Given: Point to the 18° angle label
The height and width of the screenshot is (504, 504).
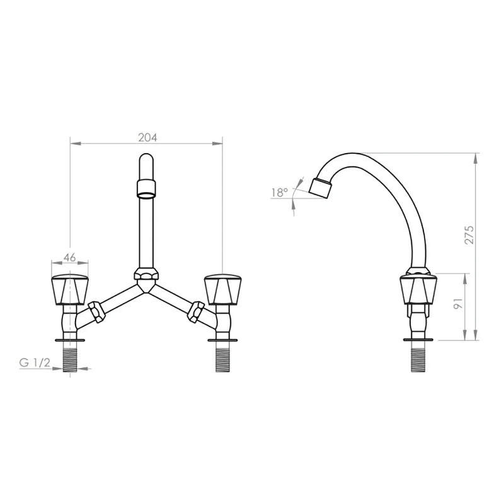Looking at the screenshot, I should click(278, 193).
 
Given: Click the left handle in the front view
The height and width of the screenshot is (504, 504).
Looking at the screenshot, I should click(70, 289).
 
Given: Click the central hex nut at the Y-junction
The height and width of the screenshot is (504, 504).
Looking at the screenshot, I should click(146, 275).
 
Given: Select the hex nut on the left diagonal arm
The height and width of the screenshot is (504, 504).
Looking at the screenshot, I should click(96, 312).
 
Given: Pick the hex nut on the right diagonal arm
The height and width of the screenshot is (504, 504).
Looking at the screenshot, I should click(197, 312).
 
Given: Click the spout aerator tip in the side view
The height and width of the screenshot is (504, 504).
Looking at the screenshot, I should click(320, 188).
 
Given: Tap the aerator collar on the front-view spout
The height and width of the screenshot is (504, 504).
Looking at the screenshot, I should click(146, 188).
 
